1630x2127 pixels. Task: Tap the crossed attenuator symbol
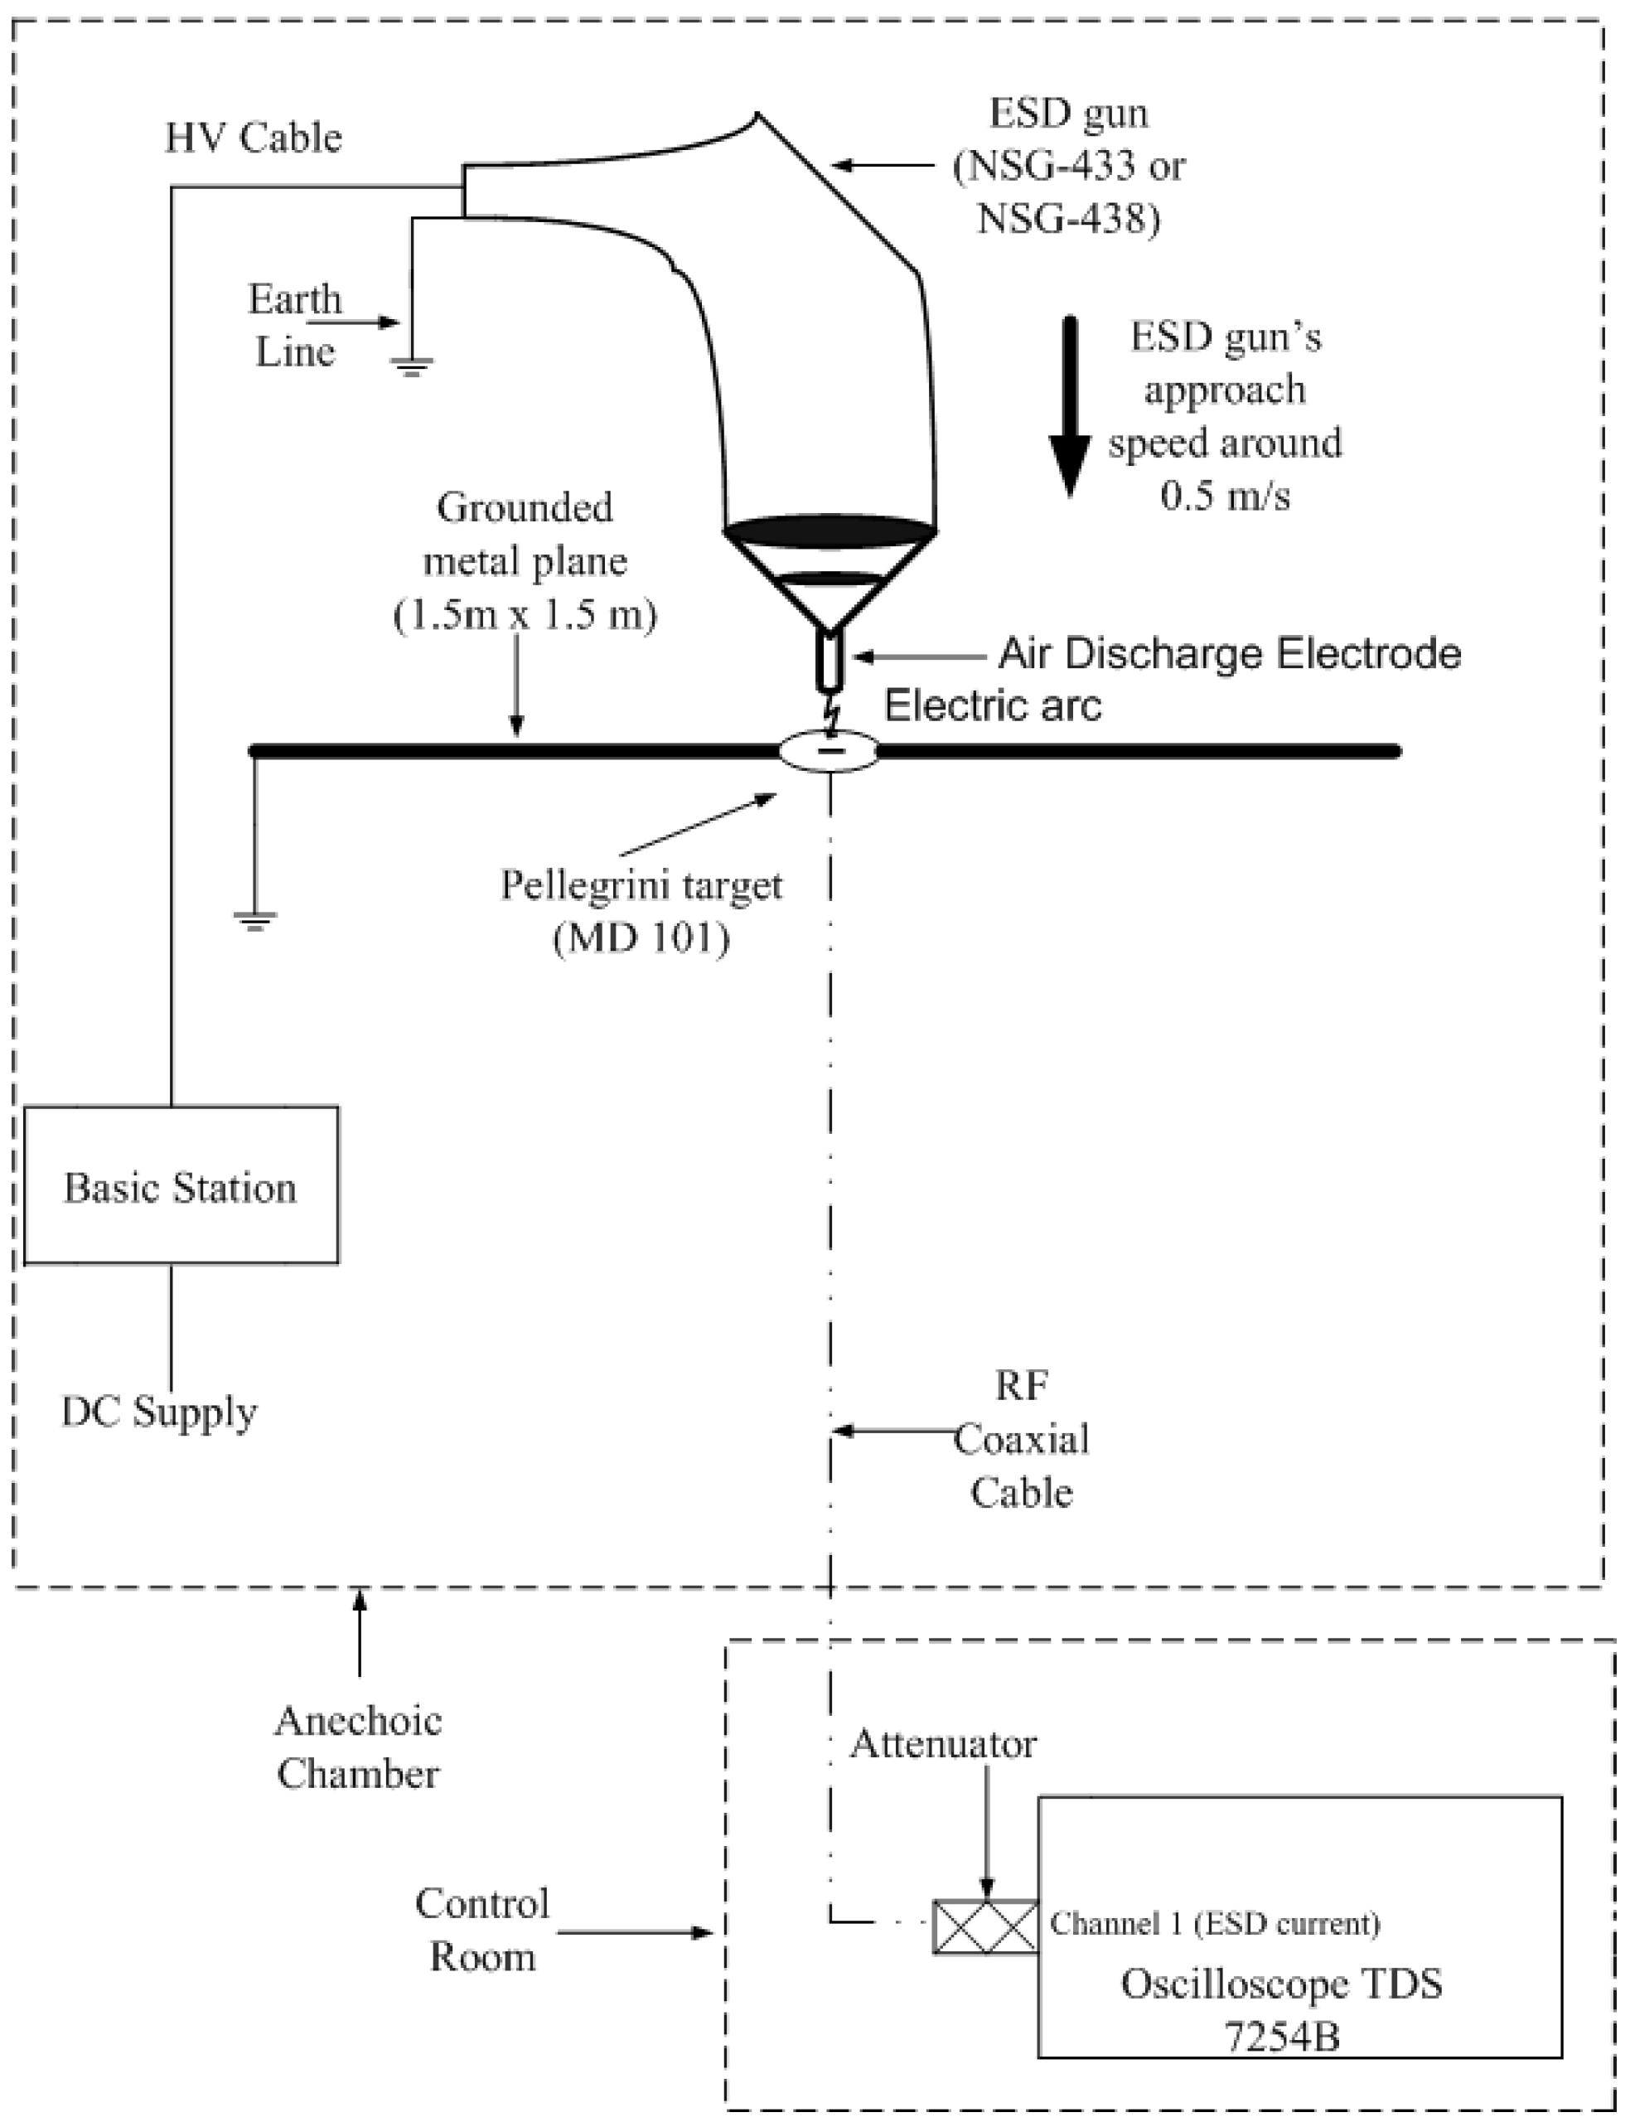(x=984, y=1926)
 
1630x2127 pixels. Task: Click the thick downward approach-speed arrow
(x=1069, y=408)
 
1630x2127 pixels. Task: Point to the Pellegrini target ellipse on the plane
(x=830, y=751)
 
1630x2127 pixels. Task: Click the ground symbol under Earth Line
(x=413, y=366)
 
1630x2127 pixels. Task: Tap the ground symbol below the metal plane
(x=254, y=920)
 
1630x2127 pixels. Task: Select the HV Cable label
(x=254, y=138)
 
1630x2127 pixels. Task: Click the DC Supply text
(x=159, y=1412)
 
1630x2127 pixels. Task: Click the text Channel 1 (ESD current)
(x=1215, y=1923)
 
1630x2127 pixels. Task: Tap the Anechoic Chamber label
(x=358, y=1747)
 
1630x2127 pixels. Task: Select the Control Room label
(x=482, y=1929)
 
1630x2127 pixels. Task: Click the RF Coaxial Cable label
(x=1021, y=1439)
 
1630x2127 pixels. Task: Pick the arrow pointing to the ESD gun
(x=883, y=166)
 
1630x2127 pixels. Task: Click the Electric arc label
(x=993, y=705)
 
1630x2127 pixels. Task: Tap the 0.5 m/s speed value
(x=1226, y=496)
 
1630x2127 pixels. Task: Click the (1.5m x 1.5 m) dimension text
(x=525, y=614)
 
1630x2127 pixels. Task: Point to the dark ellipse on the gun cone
(x=830, y=532)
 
